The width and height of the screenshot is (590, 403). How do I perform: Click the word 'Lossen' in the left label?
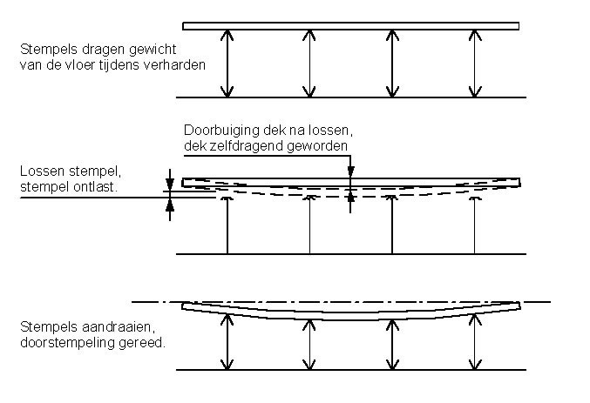pyautogui.click(x=42, y=171)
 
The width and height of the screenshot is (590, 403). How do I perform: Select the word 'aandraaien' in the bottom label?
pyautogui.click(x=116, y=327)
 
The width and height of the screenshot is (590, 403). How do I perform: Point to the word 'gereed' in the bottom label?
pyautogui.click(x=141, y=344)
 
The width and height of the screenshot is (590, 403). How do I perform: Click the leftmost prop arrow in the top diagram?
pyautogui.click(x=227, y=64)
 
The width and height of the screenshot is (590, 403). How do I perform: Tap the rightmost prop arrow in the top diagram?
pyautogui.click(x=475, y=64)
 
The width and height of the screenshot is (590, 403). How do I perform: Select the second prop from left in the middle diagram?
pyautogui.click(x=309, y=225)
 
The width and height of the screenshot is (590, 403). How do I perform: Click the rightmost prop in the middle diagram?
pyautogui.click(x=474, y=225)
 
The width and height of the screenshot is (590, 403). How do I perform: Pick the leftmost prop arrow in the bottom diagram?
pyautogui.click(x=227, y=342)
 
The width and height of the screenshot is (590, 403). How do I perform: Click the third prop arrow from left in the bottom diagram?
pyautogui.click(x=392, y=345)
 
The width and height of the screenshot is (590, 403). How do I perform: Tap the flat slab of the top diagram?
pyautogui.click(x=350, y=26)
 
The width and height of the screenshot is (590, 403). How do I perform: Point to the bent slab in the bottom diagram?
pyautogui.click(x=350, y=316)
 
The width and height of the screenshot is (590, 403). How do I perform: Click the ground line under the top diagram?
pyautogui.click(x=351, y=97)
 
